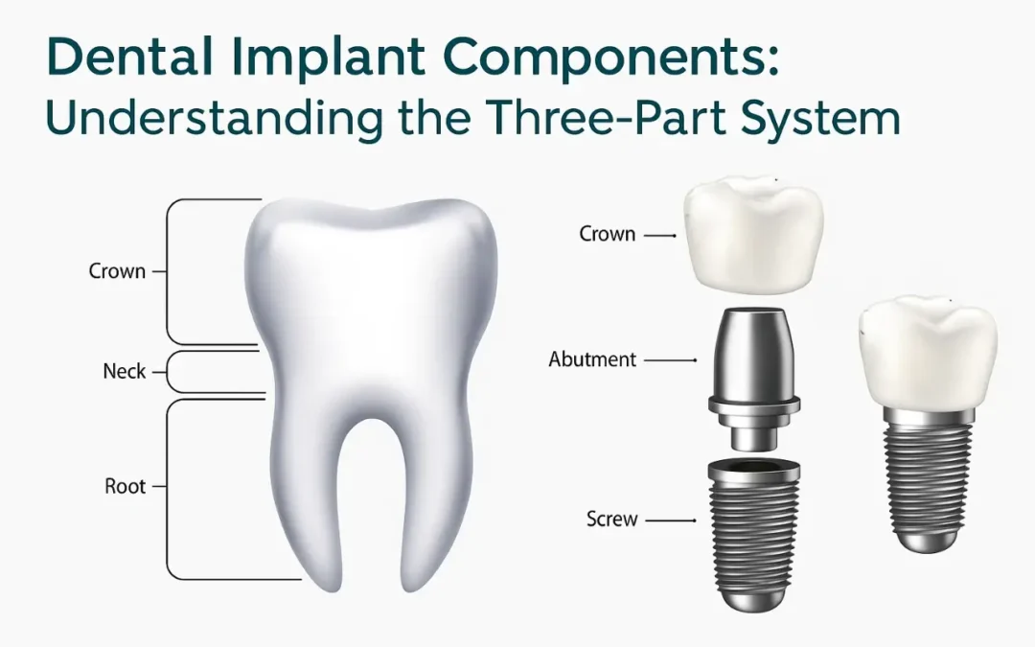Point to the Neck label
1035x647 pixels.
124,370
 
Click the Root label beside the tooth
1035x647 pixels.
125,486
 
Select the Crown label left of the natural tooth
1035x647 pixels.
117,271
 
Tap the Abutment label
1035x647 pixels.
592,359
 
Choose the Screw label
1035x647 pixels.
611,519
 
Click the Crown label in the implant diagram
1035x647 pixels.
608,233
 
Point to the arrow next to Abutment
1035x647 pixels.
671,360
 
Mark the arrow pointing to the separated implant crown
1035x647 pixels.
660,234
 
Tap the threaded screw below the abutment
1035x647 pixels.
754,532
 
